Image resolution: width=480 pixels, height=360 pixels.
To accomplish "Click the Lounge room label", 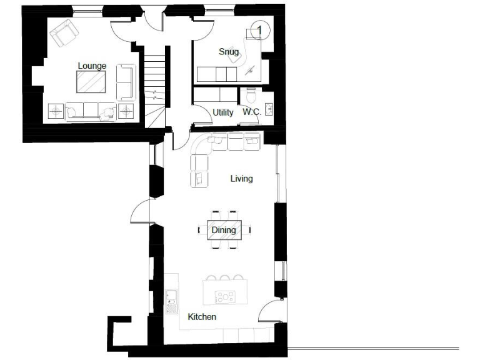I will [x=92, y=66].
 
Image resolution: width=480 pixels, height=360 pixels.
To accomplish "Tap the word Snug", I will [x=228, y=51].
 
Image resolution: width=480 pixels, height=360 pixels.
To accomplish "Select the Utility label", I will [x=223, y=112].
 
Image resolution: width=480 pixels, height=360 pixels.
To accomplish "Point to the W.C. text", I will [x=252, y=112].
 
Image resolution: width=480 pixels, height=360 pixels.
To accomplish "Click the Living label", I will [x=241, y=179].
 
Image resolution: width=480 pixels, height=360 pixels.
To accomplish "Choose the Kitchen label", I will [x=202, y=317].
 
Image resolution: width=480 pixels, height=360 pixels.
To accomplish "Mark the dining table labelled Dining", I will [x=224, y=230].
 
